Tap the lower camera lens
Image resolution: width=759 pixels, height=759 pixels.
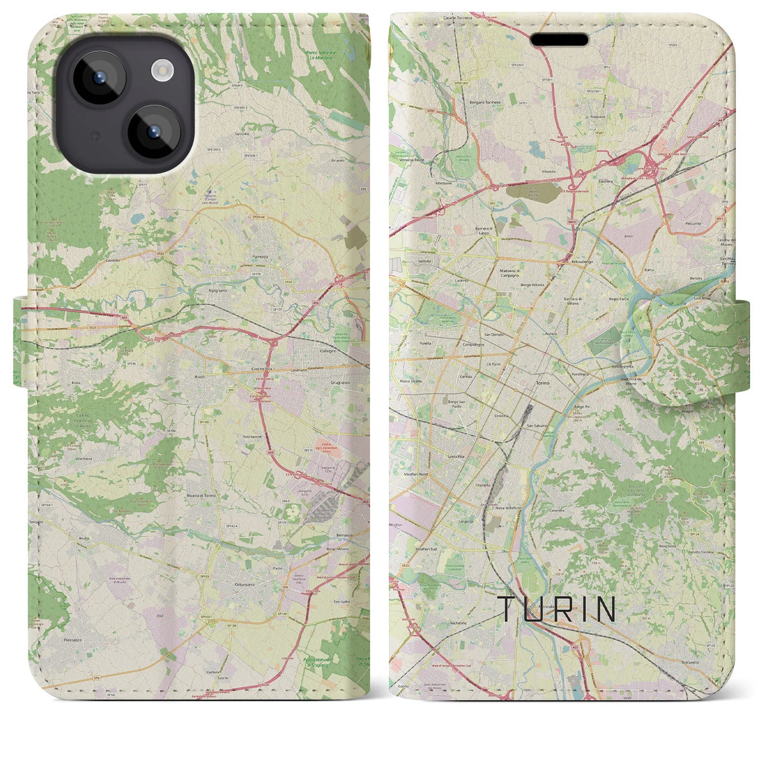click(153, 131)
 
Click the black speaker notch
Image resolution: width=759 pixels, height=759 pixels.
click(559, 40)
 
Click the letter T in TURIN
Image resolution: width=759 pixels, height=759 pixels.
click(510, 610)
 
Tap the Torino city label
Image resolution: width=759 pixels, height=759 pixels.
click(543, 384)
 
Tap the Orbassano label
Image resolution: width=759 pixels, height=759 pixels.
click(243, 584)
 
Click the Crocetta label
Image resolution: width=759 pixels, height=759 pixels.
click(501, 416)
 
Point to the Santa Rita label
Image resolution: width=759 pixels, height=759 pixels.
click(456, 457)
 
